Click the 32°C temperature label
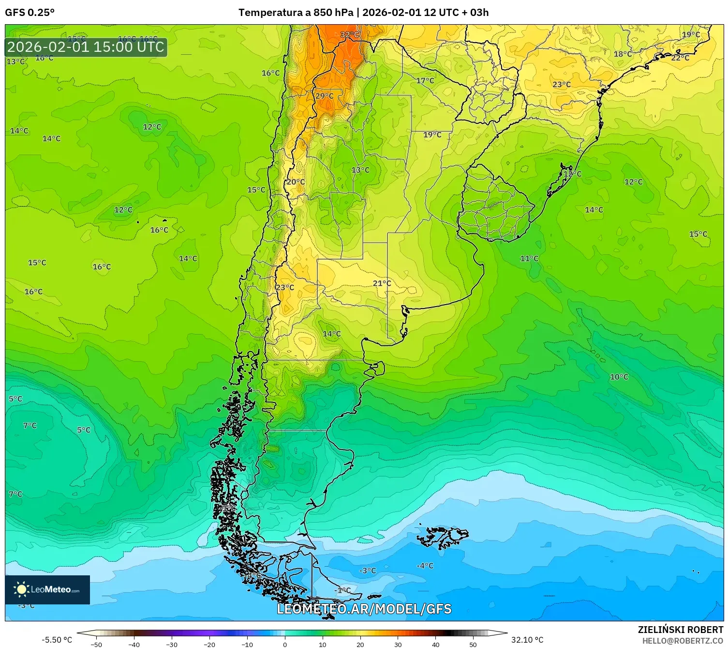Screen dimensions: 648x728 click(x=350, y=35)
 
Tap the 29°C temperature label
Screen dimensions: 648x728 click(x=325, y=96)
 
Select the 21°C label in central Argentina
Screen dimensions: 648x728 click(x=382, y=283)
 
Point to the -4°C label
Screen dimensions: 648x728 click(x=425, y=566)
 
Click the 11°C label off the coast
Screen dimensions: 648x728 click(x=529, y=259)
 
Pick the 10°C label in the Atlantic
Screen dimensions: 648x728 click(x=619, y=377)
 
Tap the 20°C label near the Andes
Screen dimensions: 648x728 click(x=296, y=182)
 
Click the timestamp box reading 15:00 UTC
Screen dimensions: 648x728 click(x=86, y=47)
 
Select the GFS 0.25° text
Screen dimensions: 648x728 click(x=30, y=13)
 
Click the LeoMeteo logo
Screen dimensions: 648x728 click(x=47, y=589)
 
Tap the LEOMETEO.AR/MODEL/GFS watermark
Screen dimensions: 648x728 click(x=364, y=609)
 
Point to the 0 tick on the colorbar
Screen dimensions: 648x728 click(x=285, y=645)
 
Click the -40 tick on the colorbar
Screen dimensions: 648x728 click(x=134, y=645)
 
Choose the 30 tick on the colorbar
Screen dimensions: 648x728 click(x=398, y=645)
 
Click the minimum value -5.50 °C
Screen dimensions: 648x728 click(x=57, y=640)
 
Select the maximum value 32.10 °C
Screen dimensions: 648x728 click(x=527, y=640)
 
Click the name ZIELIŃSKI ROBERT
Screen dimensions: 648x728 click(x=680, y=630)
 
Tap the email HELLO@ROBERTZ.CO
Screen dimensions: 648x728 click(x=683, y=641)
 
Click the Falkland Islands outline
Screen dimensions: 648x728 click(x=443, y=537)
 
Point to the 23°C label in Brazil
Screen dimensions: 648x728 click(x=562, y=85)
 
